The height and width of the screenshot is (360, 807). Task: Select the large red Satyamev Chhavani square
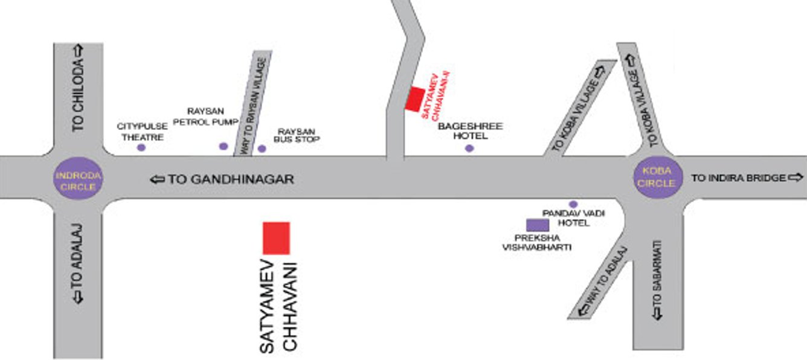point(276,238)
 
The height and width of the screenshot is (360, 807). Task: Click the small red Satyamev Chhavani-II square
point(414,99)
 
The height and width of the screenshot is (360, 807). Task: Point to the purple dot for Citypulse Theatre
point(141,147)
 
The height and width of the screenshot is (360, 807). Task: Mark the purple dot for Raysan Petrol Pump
point(223,146)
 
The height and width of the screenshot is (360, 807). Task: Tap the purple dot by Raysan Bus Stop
point(262,148)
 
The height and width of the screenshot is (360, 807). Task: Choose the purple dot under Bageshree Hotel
point(469,148)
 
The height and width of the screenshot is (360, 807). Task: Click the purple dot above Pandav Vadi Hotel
point(573,204)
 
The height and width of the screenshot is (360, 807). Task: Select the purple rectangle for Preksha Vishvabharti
point(538,225)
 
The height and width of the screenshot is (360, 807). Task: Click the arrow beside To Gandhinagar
point(157,179)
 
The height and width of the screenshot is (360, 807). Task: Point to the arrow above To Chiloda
point(79,51)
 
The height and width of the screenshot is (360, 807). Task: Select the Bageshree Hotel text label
point(470,131)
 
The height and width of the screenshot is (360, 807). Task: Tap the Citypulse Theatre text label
point(141,132)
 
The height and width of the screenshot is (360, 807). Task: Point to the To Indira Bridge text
point(739,178)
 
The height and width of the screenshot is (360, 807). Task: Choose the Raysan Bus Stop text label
point(296,135)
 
